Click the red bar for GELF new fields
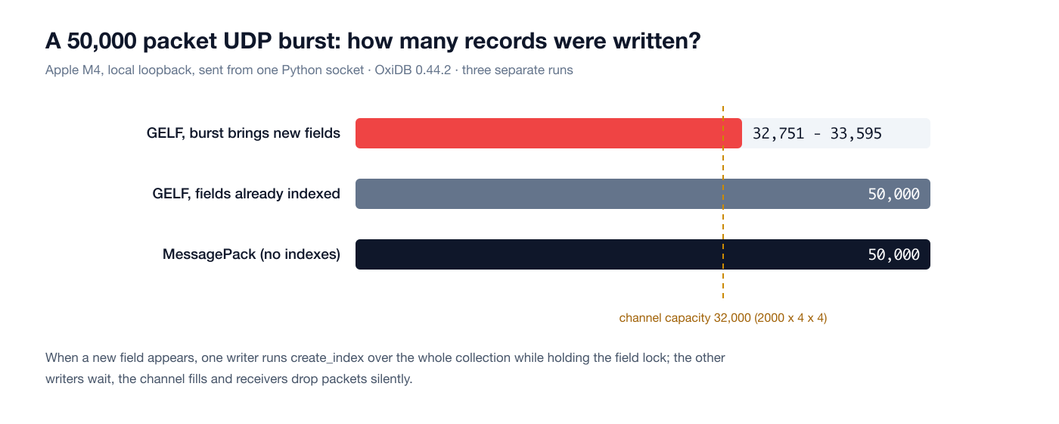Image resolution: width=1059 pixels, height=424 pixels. (x=548, y=133)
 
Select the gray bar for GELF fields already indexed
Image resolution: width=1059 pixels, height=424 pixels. (x=643, y=194)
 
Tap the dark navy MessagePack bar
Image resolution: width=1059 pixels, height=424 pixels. (x=643, y=254)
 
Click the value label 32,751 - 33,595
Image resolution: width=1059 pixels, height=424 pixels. (x=817, y=133)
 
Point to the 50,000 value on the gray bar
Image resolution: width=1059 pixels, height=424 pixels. (x=893, y=194)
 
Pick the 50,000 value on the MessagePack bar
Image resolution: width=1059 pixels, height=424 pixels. (x=893, y=254)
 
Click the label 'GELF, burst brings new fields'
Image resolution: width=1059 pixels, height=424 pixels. (x=243, y=133)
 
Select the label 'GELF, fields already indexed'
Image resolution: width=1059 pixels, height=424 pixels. (x=246, y=194)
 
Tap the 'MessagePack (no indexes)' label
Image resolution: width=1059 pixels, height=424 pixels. (x=251, y=254)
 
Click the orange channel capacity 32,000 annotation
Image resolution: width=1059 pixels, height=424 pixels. (x=723, y=317)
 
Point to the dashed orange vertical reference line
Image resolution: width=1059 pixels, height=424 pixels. (x=723, y=203)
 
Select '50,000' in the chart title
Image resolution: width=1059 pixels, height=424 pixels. (x=101, y=42)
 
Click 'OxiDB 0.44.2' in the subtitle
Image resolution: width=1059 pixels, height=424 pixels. (x=413, y=70)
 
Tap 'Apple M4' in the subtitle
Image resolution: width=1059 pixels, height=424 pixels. (x=73, y=70)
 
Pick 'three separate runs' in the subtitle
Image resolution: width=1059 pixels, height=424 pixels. (x=517, y=70)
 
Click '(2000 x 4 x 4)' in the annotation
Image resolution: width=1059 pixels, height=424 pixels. (x=790, y=317)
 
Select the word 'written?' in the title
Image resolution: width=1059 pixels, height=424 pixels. (x=657, y=41)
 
